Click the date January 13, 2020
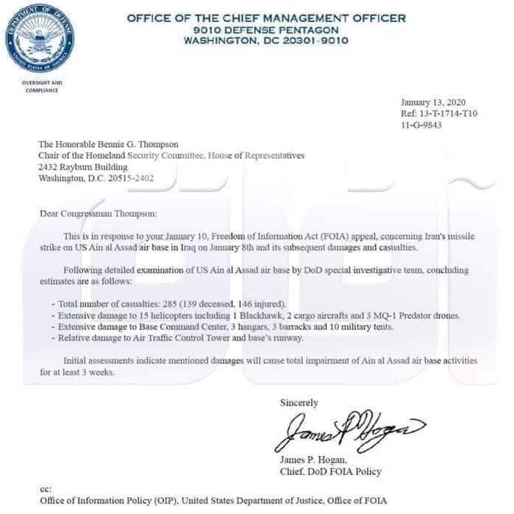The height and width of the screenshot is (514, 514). (433, 102)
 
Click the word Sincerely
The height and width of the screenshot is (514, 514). (299, 403)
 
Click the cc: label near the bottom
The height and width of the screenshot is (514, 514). (46, 489)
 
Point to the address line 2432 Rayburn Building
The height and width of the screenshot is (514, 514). (78, 167)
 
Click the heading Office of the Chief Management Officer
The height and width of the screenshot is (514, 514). (266, 18)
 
